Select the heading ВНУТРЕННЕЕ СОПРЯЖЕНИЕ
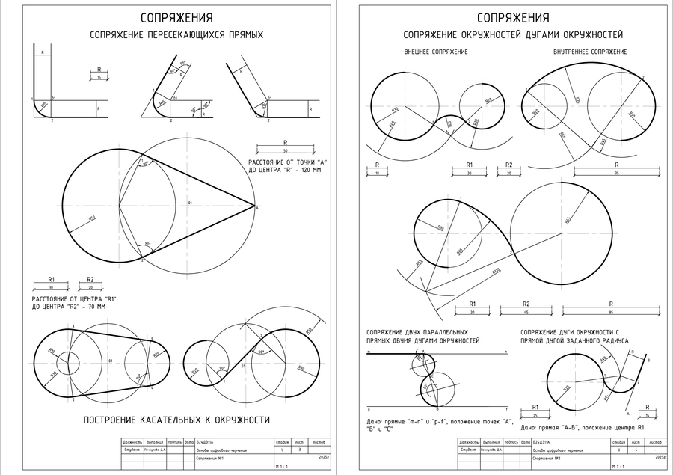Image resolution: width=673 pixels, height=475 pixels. coord(590,52)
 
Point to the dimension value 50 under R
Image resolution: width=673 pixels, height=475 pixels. coord(285,150)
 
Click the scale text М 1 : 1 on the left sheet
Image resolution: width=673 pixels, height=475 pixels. coord(281,466)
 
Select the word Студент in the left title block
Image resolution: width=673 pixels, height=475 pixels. coord(133,450)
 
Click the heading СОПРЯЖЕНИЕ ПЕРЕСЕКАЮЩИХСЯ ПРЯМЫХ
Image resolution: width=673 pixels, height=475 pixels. coord(176,34)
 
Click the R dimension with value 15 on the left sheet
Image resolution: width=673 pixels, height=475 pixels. coord(99,76)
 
